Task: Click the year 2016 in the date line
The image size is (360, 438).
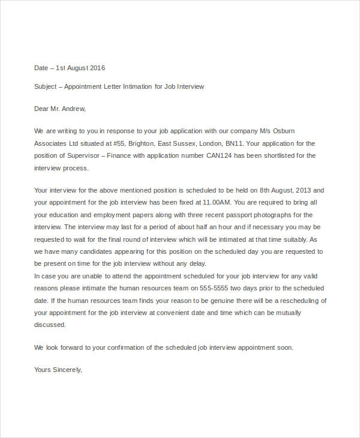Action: pos(97,68)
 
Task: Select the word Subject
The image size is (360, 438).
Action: pos(46,86)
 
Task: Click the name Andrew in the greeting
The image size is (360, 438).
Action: pos(74,109)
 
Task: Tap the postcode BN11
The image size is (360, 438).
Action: pos(235,143)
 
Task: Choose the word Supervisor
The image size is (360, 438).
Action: pos(80,155)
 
